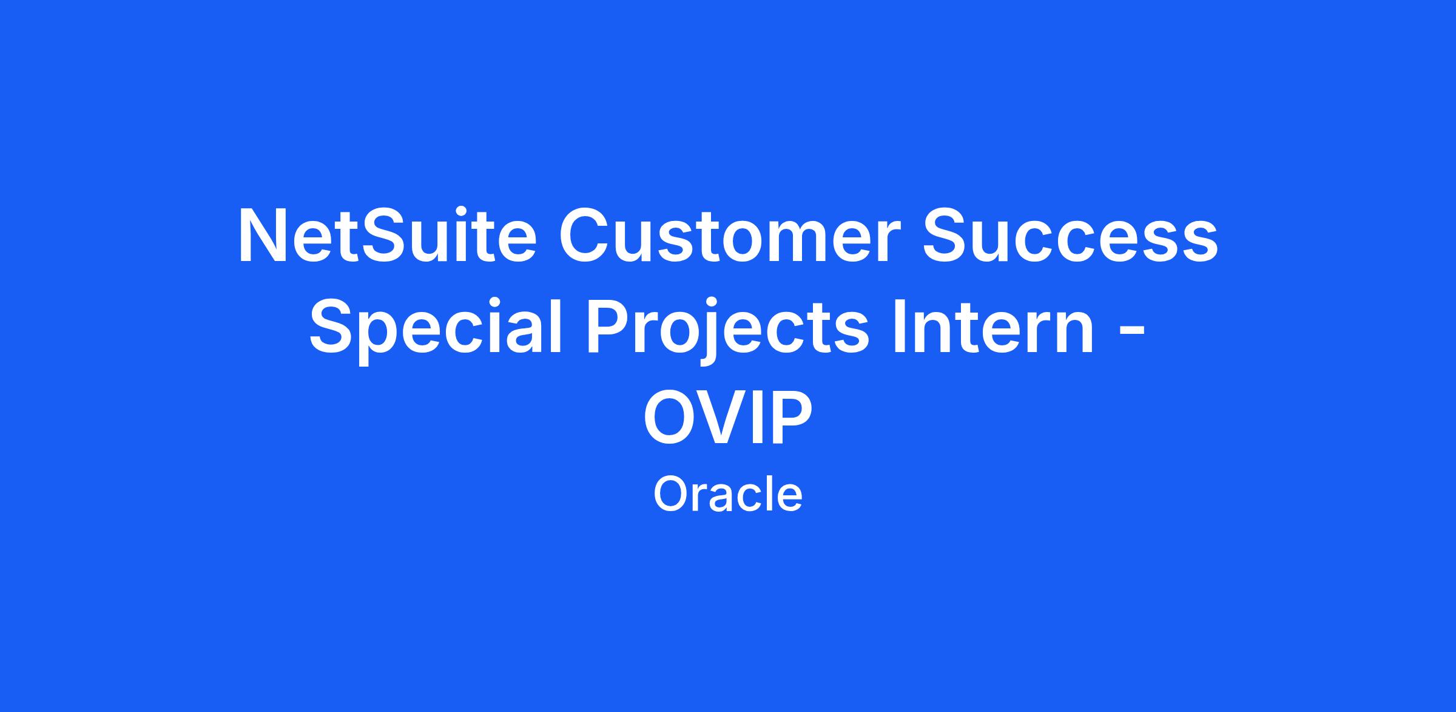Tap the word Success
(x=1070, y=237)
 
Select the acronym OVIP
(x=727, y=418)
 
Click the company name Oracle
(x=727, y=495)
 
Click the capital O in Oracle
(x=670, y=495)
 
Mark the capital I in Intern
(x=899, y=327)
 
